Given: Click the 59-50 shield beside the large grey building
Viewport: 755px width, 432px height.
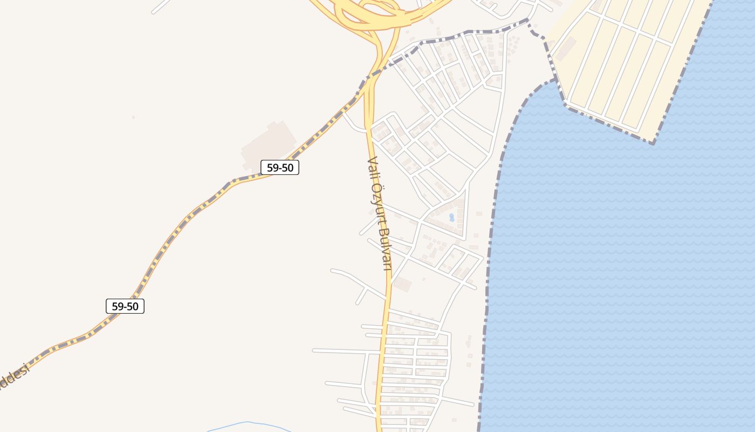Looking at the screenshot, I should (280, 167).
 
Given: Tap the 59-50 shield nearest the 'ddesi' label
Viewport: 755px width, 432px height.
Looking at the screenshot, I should (125, 306).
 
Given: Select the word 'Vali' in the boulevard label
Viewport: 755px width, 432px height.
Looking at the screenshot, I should (370, 168).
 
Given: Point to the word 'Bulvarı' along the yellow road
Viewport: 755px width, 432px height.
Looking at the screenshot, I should (385, 249).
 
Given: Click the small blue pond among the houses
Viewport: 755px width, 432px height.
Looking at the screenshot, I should (451, 217).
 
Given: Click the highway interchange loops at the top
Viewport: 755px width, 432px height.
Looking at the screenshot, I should (367, 13).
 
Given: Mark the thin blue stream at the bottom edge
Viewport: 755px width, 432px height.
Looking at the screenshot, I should (248, 424).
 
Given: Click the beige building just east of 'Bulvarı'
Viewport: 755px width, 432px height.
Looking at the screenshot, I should (402, 284).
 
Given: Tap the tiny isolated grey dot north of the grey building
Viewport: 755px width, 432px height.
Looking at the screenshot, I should (133, 117).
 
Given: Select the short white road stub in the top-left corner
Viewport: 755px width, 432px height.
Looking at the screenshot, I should (161, 6).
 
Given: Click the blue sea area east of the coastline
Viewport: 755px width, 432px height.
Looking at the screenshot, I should (620, 270).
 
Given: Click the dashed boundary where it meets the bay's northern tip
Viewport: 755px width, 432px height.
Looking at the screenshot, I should (554, 80).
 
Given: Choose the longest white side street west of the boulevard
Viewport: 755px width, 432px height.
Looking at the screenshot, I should (345, 351).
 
